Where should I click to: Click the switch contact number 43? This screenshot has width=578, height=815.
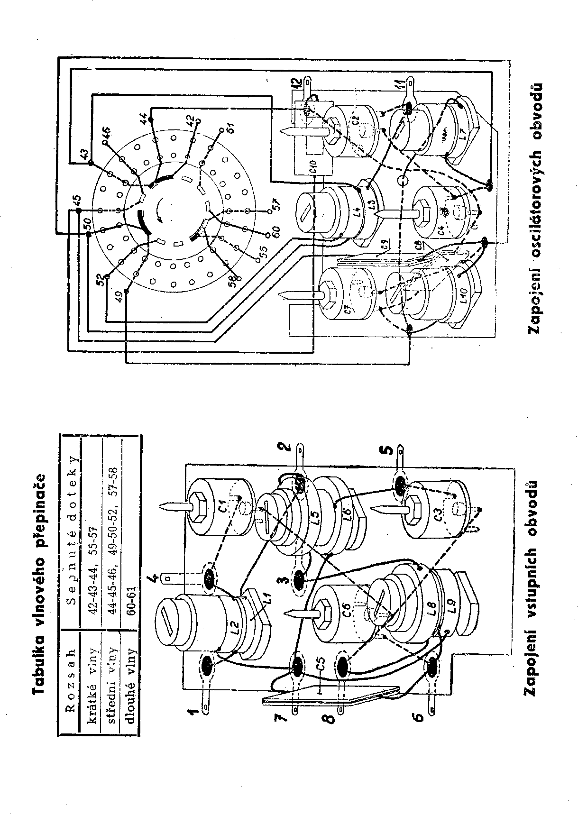(84, 155)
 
